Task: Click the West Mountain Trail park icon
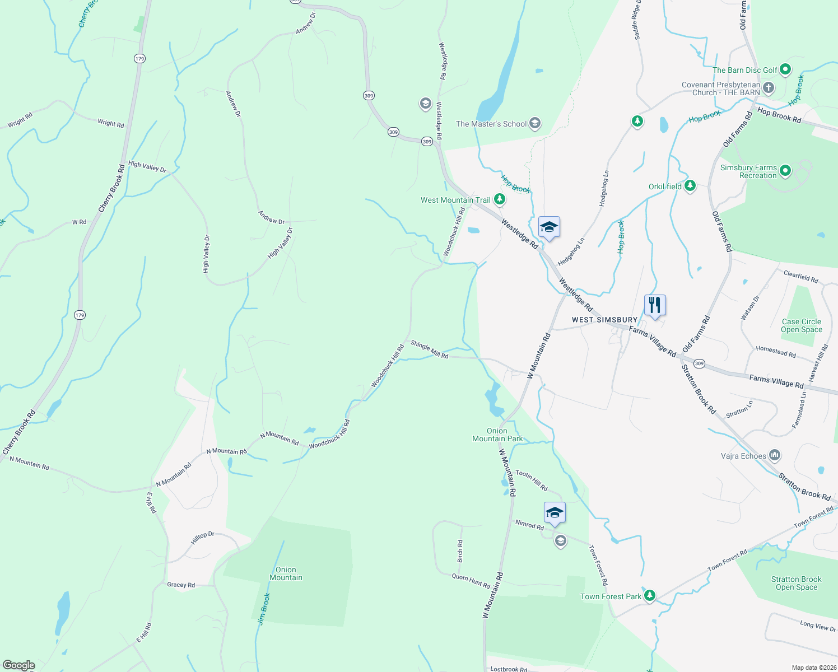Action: pyautogui.click(x=499, y=199)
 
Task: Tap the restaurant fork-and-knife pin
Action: pyautogui.click(x=655, y=306)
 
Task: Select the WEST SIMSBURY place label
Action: pyautogui.click(x=604, y=320)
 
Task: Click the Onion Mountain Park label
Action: pyautogui.click(x=497, y=435)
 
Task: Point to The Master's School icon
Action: pyautogui.click(x=535, y=123)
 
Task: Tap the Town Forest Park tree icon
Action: pyautogui.click(x=649, y=596)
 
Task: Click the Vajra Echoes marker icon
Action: pyautogui.click(x=775, y=455)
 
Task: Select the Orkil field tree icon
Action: pyautogui.click(x=690, y=186)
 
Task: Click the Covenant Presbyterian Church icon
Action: pyautogui.click(x=769, y=87)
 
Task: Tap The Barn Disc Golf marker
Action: pyautogui.click(x=785, y=69)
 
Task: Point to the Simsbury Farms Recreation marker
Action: pyautogui.click(x=785, y=170)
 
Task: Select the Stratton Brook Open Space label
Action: pyautogui.click(x=796, y=583)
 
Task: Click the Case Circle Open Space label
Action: pyautogui.click(x=801, y=325)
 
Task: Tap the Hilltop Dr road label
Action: pyautogui.click(x=202, y=538)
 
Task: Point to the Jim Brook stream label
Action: pyautogui.click(x=264, y=609)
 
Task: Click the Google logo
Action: pyautogui.click(x=19, y=665)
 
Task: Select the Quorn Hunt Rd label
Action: pyautogui.click(x=471, y=581)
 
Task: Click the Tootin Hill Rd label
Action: pyautogui.click(x=531, y=480)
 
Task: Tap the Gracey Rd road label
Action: pyautogui.click(x=181, y=585)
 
